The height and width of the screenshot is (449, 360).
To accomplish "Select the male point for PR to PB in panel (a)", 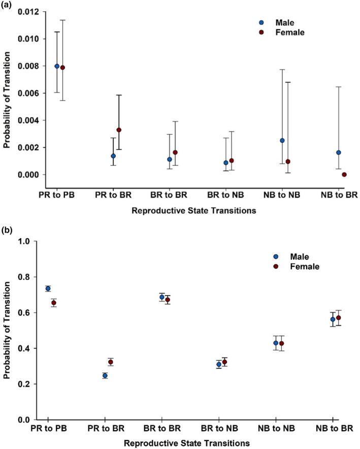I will click(57, 66).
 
